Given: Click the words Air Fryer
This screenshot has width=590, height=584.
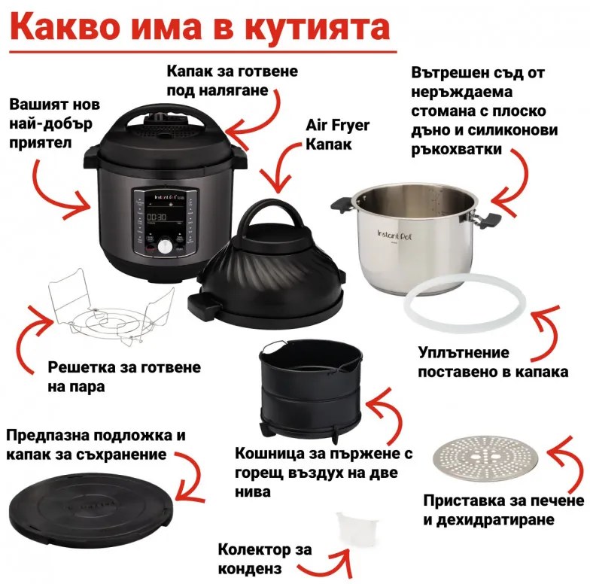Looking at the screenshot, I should pyautogui.click(x=338, y=125).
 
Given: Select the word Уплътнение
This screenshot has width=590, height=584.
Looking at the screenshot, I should pyautogui.click(x=464, y=353).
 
